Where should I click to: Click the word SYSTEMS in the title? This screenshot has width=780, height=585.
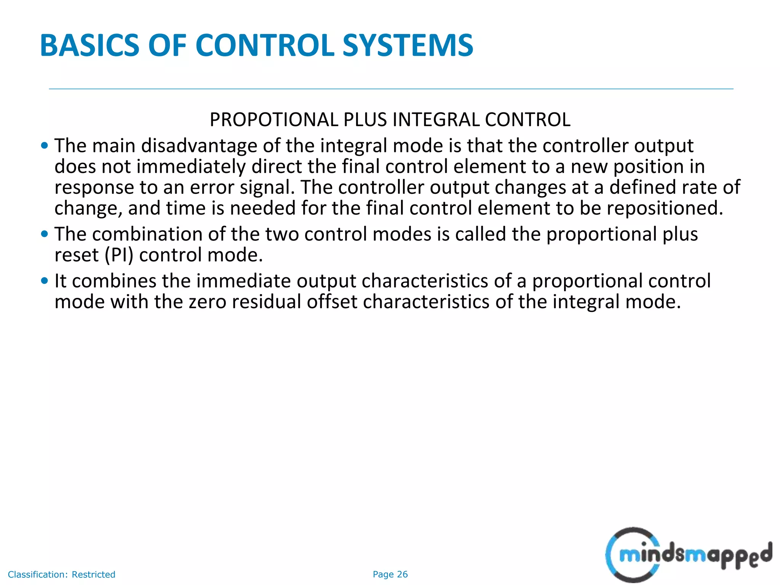point(408,46)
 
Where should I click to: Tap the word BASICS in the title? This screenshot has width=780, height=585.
point(90,46)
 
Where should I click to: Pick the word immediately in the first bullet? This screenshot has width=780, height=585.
point(191,167)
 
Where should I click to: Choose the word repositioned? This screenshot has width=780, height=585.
point(665,209)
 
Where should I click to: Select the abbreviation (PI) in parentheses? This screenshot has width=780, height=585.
point(119,255)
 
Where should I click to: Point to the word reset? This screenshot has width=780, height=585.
point(77,255)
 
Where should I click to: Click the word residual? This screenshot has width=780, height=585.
point(267,302)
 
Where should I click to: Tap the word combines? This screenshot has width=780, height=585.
point(114,281)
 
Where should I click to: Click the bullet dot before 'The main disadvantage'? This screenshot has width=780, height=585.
point(45,145)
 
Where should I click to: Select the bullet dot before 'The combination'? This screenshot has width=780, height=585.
point(45,234)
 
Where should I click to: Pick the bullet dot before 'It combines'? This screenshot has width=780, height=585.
point(45,281)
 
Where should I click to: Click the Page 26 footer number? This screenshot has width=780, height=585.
point(390,574)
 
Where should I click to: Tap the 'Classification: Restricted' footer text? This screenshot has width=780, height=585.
point(61,574)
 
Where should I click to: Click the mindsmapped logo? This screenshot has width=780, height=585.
point(688,555)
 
